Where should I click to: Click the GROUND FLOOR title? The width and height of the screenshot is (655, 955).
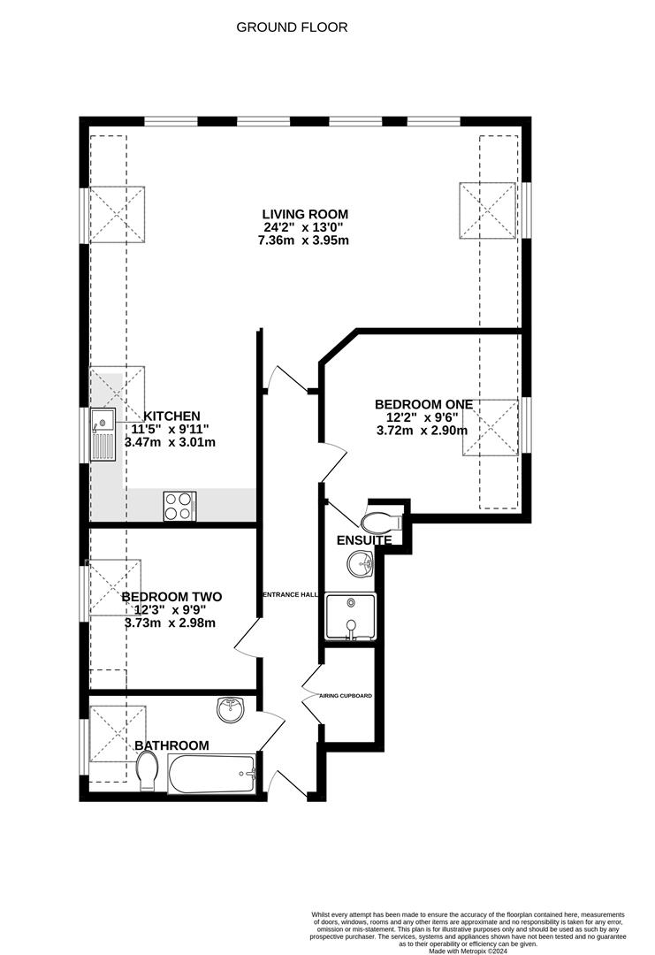pos(292,27)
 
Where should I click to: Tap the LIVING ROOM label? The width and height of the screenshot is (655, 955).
pos(305,214)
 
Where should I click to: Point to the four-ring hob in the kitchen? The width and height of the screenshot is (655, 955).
pos(179,505)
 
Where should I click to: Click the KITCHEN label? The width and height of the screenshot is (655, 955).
pos(172,416)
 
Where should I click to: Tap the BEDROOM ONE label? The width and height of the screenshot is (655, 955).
pos(423,404)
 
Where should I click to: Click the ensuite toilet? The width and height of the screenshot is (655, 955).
pos(382,519)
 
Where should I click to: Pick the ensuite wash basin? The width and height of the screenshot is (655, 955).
pos(362,562)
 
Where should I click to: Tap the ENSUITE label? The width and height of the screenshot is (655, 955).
pos(363,540)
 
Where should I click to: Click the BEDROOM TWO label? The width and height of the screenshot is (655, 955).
pos(171,597)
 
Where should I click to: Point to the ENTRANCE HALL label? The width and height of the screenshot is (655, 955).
pos(290,594)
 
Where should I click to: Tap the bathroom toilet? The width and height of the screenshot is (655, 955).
pos(149,771)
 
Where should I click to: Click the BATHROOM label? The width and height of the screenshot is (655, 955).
pos(171,745)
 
